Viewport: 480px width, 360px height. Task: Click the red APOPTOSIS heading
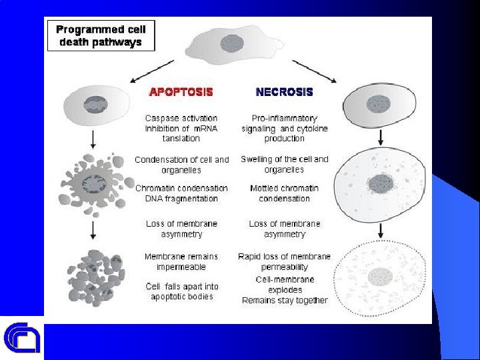tap(181, 91)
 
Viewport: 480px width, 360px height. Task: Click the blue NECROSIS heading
tap(285, 91)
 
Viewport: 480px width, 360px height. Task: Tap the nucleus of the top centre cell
tap(231, 43)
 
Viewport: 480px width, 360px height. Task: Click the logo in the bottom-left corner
tap(22, 338)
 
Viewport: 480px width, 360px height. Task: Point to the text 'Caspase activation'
tap(181, 118)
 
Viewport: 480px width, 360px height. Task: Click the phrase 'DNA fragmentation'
tap(181, 199)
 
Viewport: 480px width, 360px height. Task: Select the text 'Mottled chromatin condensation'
tap(285, 193)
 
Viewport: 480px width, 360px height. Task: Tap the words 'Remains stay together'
tap(285, 300)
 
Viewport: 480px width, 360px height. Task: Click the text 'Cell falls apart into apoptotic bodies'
tap(181, 291)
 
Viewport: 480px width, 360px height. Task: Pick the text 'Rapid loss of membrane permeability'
tap(285, 261)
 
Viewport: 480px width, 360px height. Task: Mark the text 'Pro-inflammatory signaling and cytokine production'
tap(285, 128)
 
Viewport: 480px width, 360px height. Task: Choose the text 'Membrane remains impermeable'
tap(181, 261)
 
